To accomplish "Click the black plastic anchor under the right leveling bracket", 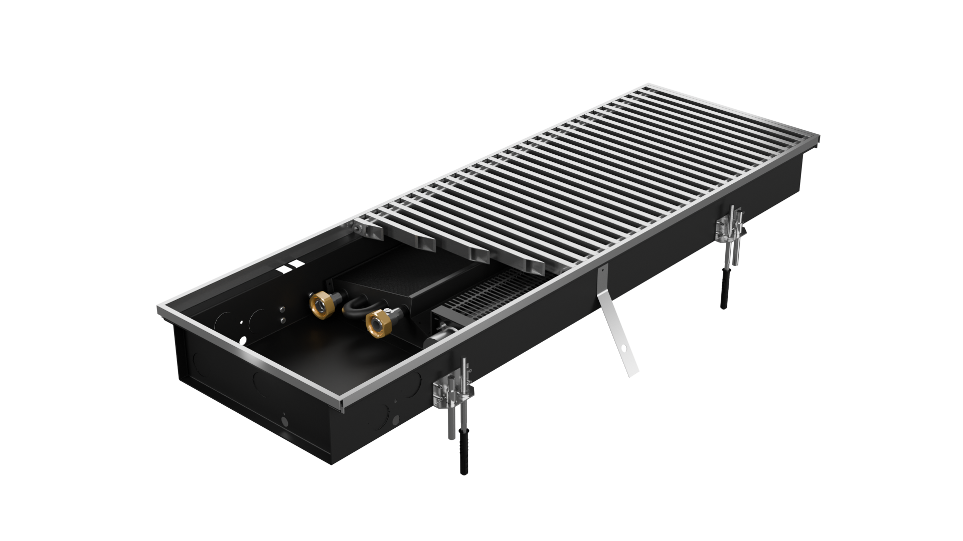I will [726, 284].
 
